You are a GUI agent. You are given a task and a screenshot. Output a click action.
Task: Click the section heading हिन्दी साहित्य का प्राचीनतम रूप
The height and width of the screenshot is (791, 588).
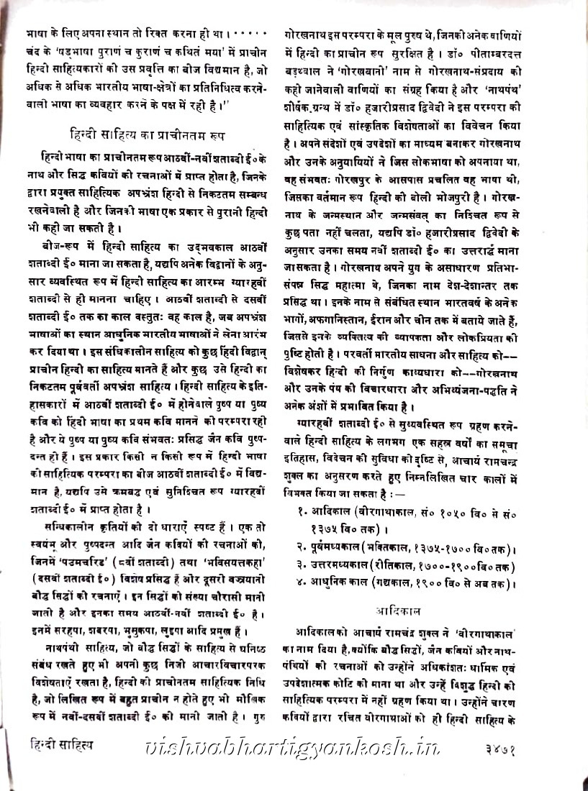148,133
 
